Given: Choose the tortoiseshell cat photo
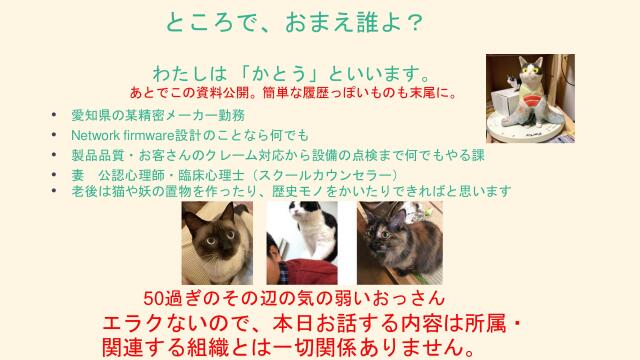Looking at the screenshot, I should point(387,242).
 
